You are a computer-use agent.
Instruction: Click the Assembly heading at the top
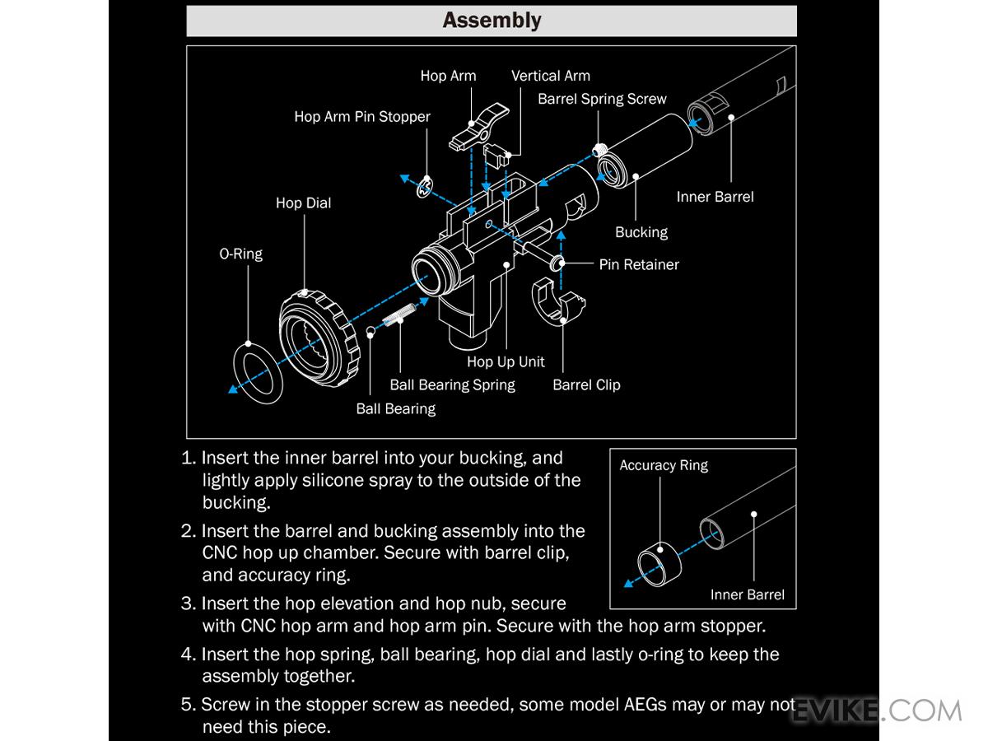coord(492,21)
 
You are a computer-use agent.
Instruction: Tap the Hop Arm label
coord(448,76)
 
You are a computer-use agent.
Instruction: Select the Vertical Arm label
coord(550,76)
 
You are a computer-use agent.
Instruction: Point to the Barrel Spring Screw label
coord(602,99)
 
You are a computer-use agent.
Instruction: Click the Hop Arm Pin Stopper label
coord(362,117)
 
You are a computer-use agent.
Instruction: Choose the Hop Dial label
coord(303,203)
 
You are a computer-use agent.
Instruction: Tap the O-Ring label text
coord(240,254)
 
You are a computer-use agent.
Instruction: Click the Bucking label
coord(641,232)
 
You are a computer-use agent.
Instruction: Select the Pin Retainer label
coord(639,265)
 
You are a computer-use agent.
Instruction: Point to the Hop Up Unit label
coord(506,361)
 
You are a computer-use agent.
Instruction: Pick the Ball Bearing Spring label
coord(452,384)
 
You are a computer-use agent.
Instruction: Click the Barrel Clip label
coord(586,384)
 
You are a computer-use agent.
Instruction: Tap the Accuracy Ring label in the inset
coord(664,466)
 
